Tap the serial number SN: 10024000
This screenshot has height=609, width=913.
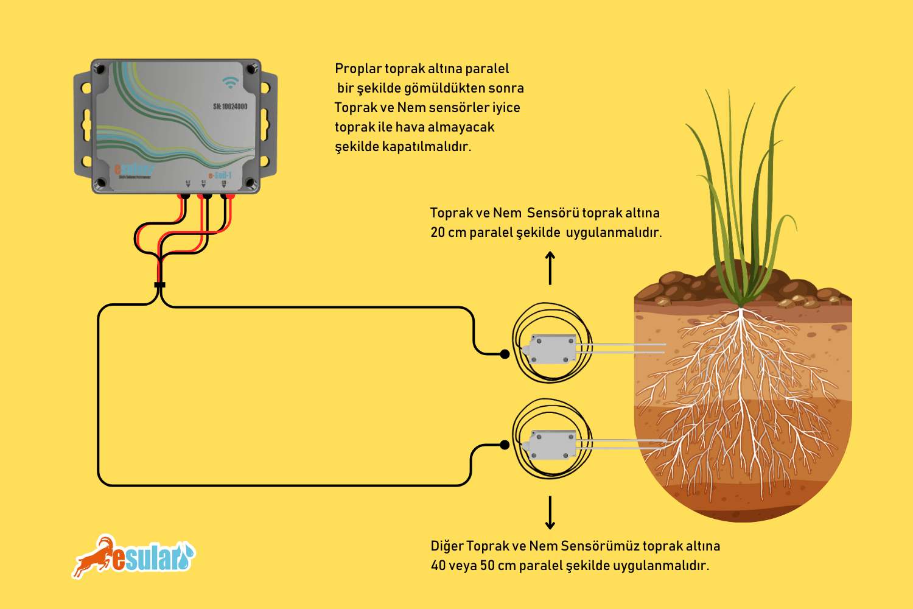click(x=230, y=107)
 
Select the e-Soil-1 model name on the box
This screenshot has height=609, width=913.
click(x=220, y=175)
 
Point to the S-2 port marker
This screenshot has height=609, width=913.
click(x=187, y=183)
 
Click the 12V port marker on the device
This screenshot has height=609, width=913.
click(x=223, y=183)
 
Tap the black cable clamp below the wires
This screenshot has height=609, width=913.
click(x=159, y=284)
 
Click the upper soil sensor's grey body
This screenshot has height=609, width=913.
click(x=551, y=349)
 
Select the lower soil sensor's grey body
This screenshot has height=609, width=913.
click(x=551, y=444)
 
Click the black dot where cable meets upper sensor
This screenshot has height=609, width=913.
click(x=505, y=354)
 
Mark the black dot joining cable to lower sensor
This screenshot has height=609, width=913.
click(x=505, y=445)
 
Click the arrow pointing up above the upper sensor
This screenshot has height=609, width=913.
click(x=550, y=268)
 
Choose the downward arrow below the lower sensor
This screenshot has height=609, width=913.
click(x=550, y=513)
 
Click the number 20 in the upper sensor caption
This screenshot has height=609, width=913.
click(x=438, y=233)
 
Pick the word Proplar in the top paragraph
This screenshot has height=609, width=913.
click(x=358, y=69)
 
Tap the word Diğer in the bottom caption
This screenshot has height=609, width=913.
click(x=447, y=546)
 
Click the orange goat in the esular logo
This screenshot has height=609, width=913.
click(x=94, y=555)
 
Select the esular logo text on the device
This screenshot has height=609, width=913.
click(x=134, y=169)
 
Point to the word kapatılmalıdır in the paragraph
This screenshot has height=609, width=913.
click(x=426, y=147)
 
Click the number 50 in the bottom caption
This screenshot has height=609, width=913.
click(x=487, y=566)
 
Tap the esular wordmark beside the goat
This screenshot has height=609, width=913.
click(x=152, y=558)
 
